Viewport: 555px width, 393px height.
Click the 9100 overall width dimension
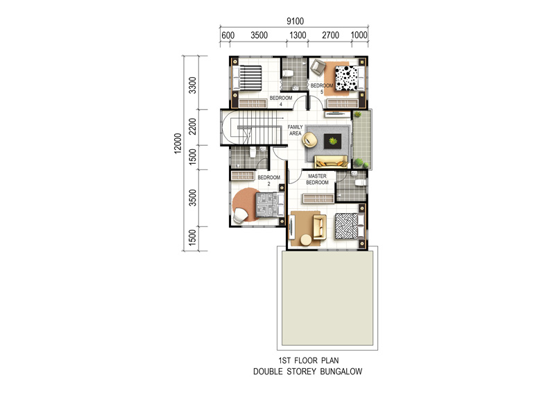pos(295,22)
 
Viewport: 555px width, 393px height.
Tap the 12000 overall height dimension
pos(178,143)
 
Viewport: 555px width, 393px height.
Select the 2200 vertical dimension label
pos(192,126)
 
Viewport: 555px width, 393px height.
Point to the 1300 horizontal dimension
pos(298,35)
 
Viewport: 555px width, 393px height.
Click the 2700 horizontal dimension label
pos(330,35)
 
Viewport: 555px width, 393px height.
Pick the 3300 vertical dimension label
pos(192,85)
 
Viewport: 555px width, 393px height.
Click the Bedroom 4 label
pos(281,101)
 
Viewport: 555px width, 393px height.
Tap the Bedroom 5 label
pos(322,89)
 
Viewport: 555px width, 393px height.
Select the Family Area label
pos(296,130)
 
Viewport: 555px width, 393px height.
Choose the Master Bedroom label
pos(317,179)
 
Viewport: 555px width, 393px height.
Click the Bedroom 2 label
pos(268,181)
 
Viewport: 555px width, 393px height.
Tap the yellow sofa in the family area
pos(331,162)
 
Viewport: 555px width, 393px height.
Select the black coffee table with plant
pos(333,142)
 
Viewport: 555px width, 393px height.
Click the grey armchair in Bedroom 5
pos(318,67)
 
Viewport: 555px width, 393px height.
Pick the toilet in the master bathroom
pos(359,183)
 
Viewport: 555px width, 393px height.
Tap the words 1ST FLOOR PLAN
pos(308,360)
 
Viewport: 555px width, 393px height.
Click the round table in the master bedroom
pos(306,240)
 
